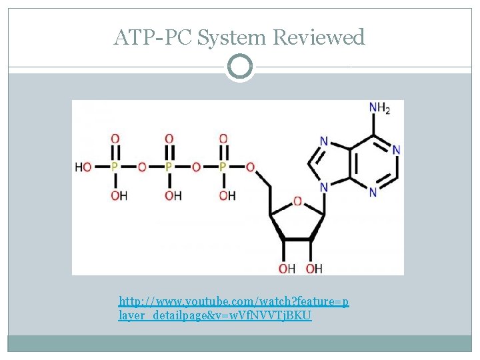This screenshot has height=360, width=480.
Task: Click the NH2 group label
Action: coord(377,107)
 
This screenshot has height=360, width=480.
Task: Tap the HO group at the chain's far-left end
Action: coord(83,167)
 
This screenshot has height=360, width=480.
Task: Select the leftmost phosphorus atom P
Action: coord(115,167)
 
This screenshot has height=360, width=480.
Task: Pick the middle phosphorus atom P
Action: coord(169,167)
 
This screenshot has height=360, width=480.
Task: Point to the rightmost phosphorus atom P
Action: coord(223,167)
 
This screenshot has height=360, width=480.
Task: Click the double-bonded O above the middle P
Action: coord(169,139)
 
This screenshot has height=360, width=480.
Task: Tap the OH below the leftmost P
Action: coord(118,195)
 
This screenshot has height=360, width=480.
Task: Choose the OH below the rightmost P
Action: coord(226,195)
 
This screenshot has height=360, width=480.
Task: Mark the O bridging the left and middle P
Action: coord(141,167)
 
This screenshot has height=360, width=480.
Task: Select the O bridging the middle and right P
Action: coord(196,167)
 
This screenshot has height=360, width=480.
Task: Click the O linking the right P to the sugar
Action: coord(250,167)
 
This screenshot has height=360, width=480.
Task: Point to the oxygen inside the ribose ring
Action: coord(297,200)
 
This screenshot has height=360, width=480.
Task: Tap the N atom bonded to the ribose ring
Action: coord(324,187)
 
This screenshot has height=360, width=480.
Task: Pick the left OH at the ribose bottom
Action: coord(287,268)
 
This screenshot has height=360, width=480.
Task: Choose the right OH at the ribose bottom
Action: coord(314,268)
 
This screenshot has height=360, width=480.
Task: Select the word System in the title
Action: coord(232,37)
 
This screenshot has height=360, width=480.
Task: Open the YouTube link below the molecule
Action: coord(233,308)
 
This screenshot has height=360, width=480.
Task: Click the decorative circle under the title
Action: coord(239,67)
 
